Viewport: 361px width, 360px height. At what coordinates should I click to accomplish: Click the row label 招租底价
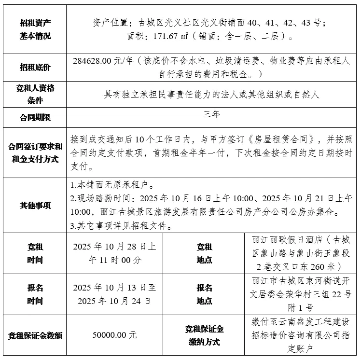35,68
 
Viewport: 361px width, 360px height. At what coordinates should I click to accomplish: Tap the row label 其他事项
35,205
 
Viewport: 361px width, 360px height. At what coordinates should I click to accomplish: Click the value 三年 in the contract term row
212,115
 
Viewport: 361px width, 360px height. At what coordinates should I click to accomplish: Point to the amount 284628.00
92,61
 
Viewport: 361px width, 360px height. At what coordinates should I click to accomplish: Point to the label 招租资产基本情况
35,29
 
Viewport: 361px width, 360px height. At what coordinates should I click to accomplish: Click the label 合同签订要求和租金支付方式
35,152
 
